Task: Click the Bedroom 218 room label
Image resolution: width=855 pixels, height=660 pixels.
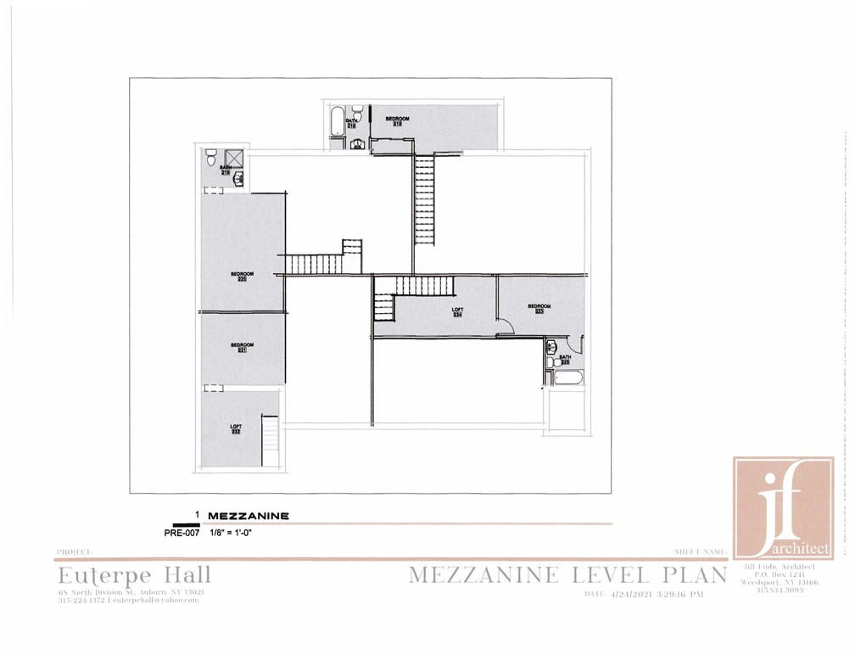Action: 398,121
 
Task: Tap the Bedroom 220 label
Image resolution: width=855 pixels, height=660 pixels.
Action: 238,276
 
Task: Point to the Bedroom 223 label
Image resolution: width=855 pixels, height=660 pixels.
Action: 539,309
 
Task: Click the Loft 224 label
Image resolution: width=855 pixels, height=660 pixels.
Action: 456,313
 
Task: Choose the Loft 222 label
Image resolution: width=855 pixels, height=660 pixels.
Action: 236,428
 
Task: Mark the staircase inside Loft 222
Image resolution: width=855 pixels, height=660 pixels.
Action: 271,434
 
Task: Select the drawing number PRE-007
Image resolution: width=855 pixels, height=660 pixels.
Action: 180,534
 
